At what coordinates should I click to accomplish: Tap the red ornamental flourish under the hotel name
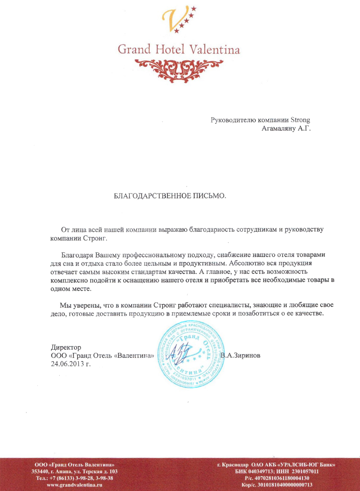[179, 68]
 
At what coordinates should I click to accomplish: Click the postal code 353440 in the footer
[40, 471]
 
